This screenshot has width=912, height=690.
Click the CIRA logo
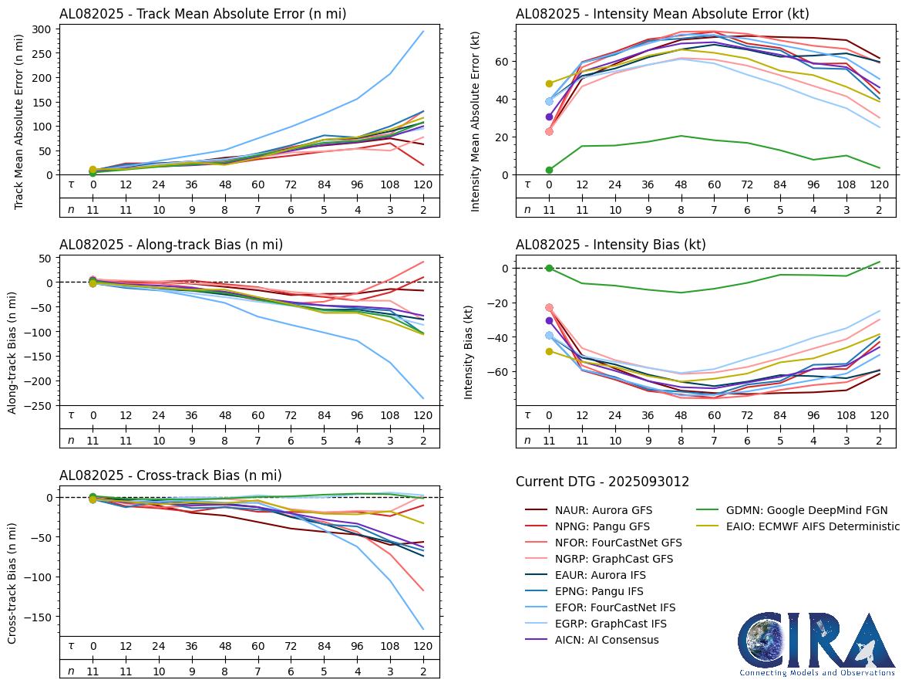pyautogui.click(x=816, y=644)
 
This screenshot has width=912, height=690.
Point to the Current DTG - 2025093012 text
pyautogui.click(x=602, y=482)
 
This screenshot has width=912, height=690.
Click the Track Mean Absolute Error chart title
pyautogui.click(x=203, y=14)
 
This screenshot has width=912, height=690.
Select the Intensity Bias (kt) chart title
pyautogui.click(x=611, y=245)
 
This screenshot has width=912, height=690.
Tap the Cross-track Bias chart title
pyautogui.click(x=170, y=475)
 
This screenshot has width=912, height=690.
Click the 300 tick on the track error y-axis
pyautogui.click(x=42, y=29)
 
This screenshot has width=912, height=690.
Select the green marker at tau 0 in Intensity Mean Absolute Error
pyautogui.click(x=549, y=170)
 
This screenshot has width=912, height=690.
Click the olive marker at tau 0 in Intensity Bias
pyautogui.click(x=549, y=351)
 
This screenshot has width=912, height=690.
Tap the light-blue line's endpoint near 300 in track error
pyautogui.click(x=422, y=32)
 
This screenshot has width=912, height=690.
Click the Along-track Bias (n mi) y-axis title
pyautogui.click(x=13, y=353)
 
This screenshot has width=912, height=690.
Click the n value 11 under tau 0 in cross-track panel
pyautogui.click(x=93, y=671)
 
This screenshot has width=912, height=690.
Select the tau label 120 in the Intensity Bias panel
pyautogui.click(x=878, y=414)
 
